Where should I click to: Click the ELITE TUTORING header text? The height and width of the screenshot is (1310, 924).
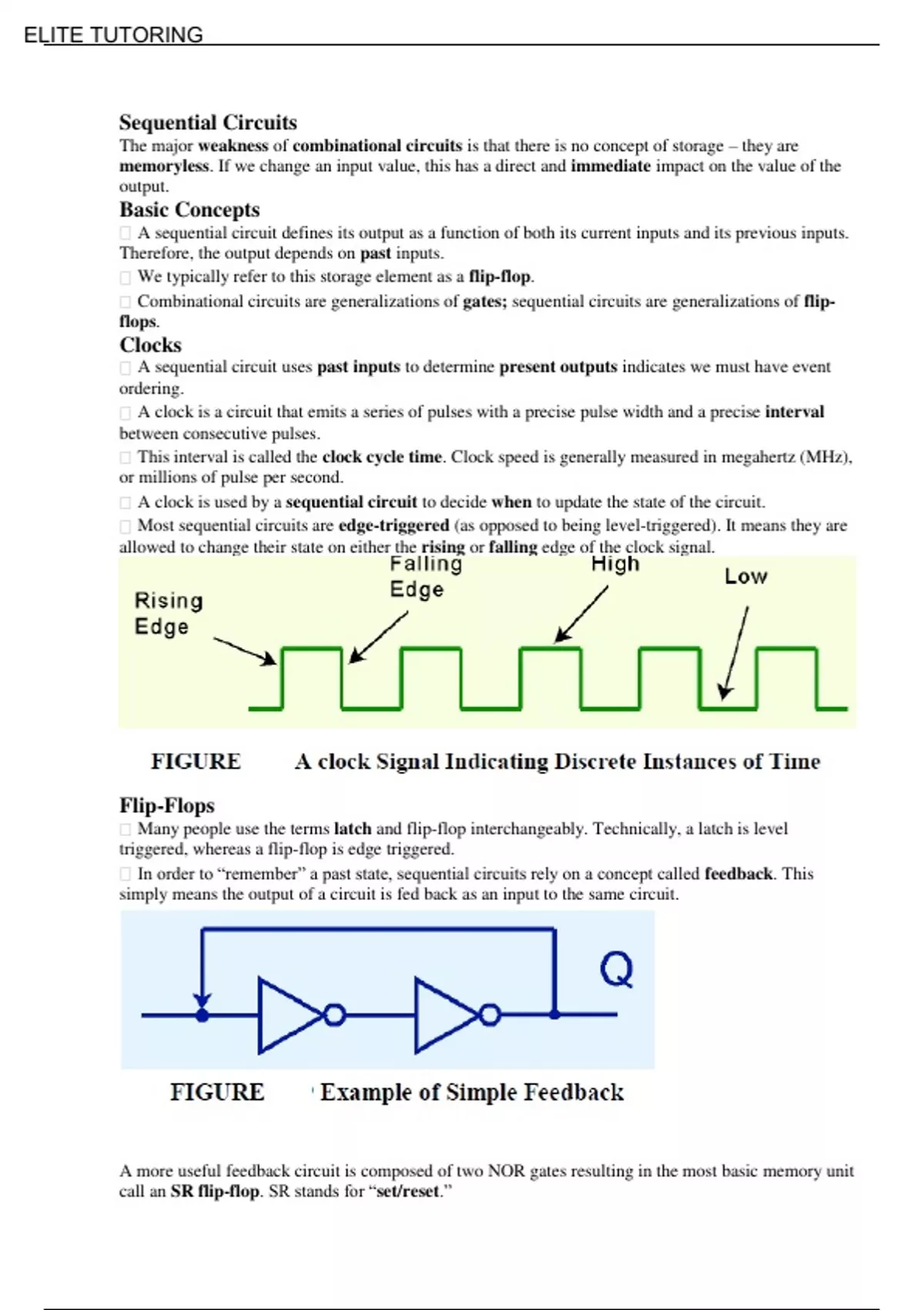coord(113,35)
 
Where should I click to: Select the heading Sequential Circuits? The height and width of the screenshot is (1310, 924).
coord(208,123)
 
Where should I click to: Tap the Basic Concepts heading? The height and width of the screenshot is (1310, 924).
coord(189,210)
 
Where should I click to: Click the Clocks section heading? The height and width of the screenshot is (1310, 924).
coord(150,344)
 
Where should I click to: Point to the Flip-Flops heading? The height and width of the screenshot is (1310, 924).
coord(167,805)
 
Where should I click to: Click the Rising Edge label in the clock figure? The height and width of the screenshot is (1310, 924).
coord(169,613)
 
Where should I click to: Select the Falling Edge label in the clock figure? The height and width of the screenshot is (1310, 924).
coord(425,576)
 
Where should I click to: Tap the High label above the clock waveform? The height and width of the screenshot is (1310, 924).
coord(615,564)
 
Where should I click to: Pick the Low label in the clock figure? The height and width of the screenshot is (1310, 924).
coord(745,576)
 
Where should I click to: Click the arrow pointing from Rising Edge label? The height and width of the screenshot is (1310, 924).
coord(244,650)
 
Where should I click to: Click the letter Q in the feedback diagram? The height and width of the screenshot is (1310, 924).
coord(617,969)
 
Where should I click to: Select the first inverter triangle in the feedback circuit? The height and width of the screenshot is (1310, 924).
coord(286,1015)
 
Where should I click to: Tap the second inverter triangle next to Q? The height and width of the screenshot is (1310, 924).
coord(443,1015)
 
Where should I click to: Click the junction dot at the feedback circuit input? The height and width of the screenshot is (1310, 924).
coord(202,1015)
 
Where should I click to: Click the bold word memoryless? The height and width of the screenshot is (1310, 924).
coord(164,166)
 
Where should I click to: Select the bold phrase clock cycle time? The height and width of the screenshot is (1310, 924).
coord(382,457)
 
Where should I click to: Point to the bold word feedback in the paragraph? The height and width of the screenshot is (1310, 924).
coord(738,874)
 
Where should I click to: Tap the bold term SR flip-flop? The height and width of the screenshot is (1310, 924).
coord(215,1191)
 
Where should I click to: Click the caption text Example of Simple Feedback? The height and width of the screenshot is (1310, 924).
coord(471,1093)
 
